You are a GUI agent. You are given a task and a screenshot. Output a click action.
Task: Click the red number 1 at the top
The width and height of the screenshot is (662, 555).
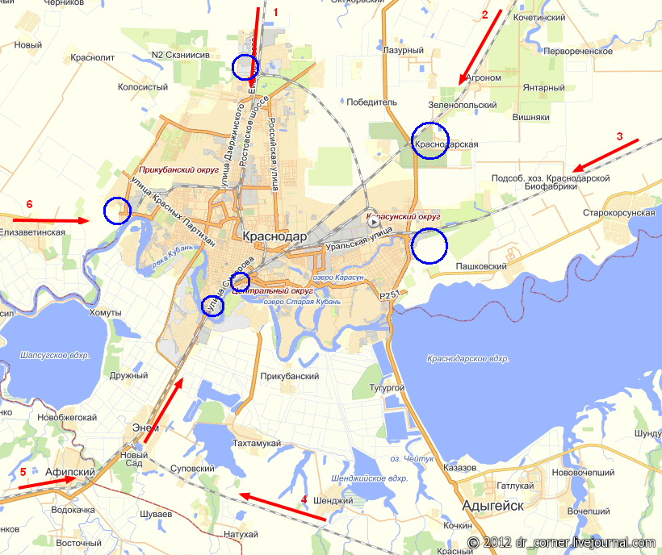click(275, 12)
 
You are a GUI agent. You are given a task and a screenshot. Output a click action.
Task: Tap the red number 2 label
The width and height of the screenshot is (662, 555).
click(485, 15)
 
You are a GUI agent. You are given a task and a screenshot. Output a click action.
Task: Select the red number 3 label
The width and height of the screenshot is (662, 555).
click(620, 136)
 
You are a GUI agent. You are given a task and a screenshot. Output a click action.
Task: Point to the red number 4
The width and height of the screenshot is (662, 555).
click(304, 499)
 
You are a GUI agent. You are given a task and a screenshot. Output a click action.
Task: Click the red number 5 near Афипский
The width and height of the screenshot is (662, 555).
click(23, 471)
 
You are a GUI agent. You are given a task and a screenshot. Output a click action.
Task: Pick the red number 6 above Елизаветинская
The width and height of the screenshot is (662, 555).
click(29, 204)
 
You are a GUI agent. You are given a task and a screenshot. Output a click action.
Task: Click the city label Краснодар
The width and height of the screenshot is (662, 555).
click(274, 236)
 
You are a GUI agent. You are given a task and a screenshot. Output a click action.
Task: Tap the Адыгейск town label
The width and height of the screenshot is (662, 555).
click(492, 505)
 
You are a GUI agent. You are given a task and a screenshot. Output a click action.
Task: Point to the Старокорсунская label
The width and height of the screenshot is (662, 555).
click(618, 213)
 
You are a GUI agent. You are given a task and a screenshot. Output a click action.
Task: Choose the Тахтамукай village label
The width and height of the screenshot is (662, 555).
click(256, 444)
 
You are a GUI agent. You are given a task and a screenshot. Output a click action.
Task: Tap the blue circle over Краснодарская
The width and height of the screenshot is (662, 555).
click(429, 140)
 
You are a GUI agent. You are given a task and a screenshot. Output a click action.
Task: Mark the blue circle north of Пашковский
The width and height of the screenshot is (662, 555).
click(429, 245)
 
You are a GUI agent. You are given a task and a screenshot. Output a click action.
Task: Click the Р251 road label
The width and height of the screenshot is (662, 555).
click(390, 296)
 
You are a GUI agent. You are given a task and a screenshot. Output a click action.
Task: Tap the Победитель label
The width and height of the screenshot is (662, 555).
click(372, 102)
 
